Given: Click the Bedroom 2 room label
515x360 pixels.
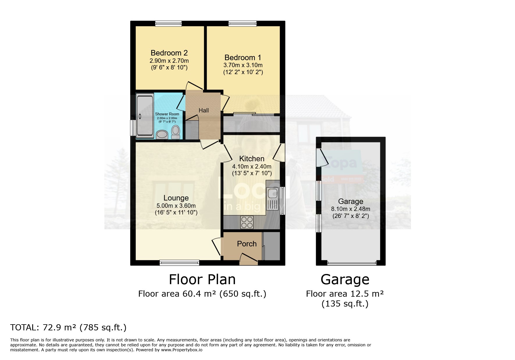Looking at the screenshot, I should tap(169, 53).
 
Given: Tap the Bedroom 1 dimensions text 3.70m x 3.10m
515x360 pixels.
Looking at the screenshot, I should tap(243, 65).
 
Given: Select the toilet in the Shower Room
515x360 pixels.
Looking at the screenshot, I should tap(175, 132).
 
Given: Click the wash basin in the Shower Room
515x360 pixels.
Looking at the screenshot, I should tap(162, 134).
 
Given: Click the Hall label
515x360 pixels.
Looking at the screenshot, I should tap(204, 110).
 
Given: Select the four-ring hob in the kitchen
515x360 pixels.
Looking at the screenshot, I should tap(247, 222).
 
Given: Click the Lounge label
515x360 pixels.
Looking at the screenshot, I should tap(176, 198).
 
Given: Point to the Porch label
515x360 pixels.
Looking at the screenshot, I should tap(247, 244).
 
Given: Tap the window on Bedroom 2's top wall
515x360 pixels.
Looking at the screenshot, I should tap(168, 24).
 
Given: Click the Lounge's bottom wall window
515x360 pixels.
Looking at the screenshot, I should tap(179, 263).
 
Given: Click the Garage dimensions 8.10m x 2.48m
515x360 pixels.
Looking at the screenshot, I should tap(351, 209).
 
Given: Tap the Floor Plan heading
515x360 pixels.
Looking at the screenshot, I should tap(202, 280).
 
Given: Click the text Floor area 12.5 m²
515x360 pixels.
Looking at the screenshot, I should tap(345, 294).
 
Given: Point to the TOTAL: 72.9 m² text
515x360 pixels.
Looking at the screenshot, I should tap(68, 328).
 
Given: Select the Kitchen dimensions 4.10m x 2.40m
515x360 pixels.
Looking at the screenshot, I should tap(252, 166).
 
